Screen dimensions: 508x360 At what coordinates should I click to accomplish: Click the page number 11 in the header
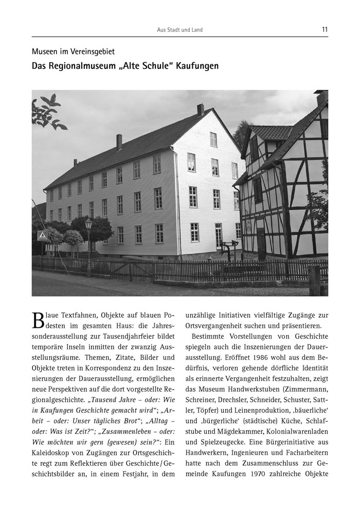pos(325,30)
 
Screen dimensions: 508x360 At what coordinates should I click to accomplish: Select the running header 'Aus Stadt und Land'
pos(179,30)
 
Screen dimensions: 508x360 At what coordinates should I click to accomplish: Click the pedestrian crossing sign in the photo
pos(42,235)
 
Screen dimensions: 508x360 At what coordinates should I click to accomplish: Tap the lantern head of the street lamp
pos(88,224)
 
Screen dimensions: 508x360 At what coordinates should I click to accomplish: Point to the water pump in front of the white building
pos(225,250)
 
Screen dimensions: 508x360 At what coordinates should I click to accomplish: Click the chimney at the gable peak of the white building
pos(200,110)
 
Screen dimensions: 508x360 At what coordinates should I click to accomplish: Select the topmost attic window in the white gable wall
pos(213,139)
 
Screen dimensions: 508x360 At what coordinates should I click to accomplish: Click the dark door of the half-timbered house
pos(261,243)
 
